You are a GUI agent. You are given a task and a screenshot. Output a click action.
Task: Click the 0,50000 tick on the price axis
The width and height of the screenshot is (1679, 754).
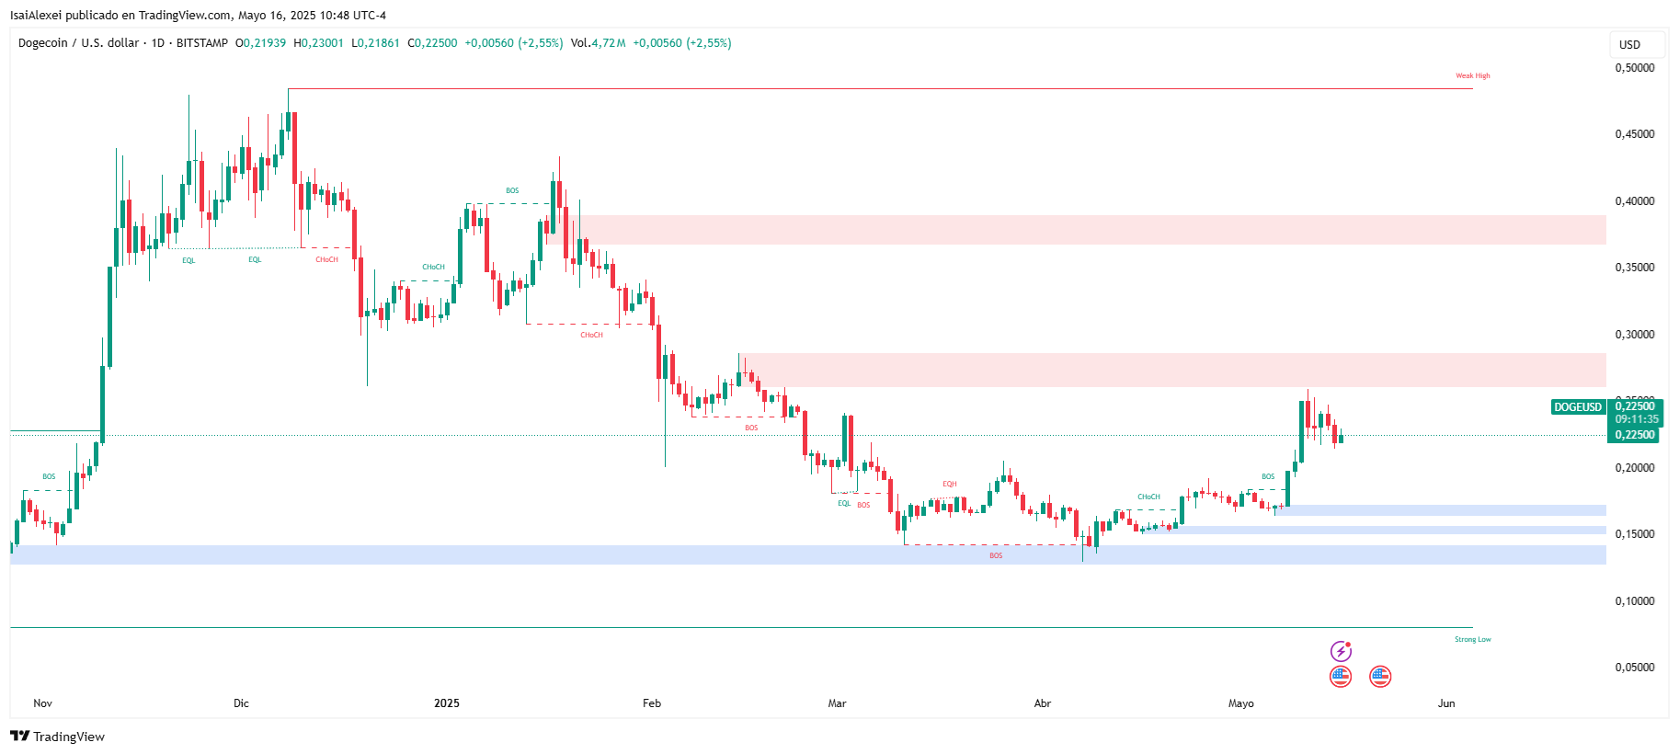coord(1634,68)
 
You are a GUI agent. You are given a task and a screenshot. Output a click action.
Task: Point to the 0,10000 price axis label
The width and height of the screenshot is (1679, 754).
coord(1634,601)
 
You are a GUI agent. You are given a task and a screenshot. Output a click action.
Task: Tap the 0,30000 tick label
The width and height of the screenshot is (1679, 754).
coord(1634,335)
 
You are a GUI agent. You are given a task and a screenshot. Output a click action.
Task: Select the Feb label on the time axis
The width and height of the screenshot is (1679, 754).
coord(652,703)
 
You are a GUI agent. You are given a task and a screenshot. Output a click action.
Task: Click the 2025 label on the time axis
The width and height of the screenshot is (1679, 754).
coord(447,703)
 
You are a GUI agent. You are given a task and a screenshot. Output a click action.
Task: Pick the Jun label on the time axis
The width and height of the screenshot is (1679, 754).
coord(1446,703)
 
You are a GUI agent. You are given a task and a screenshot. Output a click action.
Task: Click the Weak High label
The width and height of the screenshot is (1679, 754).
coord(1472,76)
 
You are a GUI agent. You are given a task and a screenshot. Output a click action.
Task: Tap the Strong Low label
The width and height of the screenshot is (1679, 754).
coord(1472,639)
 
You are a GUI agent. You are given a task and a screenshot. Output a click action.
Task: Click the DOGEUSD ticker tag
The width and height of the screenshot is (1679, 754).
coord(1578,407)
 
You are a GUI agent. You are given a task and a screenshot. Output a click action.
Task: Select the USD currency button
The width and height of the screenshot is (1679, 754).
coord(1629,44)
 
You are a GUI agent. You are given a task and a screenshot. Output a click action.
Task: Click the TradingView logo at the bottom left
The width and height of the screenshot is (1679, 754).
coord(58,737)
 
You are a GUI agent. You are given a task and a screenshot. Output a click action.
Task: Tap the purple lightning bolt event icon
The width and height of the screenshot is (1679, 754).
coord(1341,652)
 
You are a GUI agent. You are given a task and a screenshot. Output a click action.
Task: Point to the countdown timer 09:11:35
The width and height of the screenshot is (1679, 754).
coord(1637,419)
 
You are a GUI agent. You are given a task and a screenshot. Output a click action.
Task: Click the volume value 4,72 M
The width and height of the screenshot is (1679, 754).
coord(608,43)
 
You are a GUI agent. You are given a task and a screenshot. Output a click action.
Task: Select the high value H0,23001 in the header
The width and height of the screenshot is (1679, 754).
coord(318,43)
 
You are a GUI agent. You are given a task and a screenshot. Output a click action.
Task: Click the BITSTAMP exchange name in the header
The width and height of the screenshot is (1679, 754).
coord(202,43)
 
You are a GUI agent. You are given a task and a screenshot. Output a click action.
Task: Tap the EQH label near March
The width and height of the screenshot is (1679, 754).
coord(950,484)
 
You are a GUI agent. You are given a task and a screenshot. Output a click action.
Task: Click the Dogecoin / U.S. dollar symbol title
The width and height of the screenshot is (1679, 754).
coord(79,43)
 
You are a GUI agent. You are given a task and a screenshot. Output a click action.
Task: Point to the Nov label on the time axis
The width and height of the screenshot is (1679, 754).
coord(42,703)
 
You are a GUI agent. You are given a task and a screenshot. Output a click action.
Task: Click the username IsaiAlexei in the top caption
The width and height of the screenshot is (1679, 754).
coord(36,16)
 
